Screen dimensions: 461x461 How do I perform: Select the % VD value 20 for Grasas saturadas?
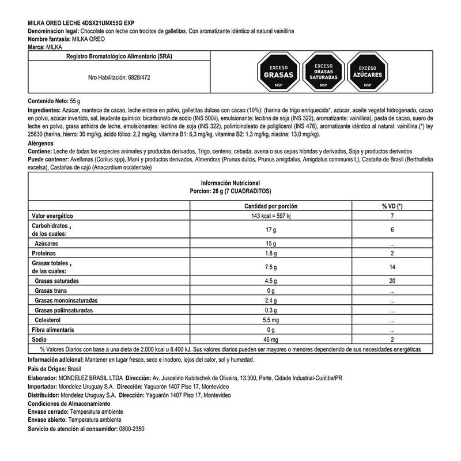391,281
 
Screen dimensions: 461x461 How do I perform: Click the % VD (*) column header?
391,206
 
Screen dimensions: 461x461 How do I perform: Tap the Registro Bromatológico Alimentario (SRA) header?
119,56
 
